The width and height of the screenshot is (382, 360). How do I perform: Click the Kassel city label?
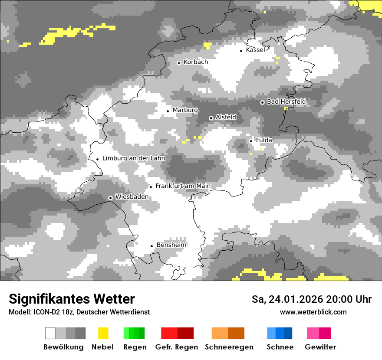click(255, 50)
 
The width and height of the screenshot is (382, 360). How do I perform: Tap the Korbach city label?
click(196, 62)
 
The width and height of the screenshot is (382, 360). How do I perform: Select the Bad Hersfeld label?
click(286, 101)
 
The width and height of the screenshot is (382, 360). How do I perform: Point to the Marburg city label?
click(185, 110)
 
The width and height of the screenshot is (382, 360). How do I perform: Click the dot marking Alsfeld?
click(211, 118)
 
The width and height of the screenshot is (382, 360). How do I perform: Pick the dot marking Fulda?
click(251, 141)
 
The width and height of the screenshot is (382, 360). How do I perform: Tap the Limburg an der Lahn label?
click(134, 158)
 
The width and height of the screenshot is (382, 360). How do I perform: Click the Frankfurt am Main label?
click(183, 186)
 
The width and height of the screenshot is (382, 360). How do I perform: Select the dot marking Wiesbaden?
click(110, 198)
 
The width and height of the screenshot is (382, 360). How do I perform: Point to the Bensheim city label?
click(171, 245)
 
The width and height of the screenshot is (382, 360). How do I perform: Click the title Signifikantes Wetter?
click(72, 299)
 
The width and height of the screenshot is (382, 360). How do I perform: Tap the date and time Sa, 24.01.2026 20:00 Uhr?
click(312, 299)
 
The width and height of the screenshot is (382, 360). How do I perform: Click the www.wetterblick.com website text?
click(313, 312)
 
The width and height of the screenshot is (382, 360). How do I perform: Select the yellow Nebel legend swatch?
click(103, 333)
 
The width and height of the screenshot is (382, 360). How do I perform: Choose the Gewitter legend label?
click(320, 347)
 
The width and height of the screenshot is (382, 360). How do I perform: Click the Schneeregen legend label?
click(229, 347)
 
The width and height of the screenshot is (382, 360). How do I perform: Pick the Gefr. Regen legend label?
click(177, 347)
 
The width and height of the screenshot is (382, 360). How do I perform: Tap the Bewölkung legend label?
click(63, 347)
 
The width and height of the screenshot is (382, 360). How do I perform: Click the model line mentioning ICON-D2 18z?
click(79, 312)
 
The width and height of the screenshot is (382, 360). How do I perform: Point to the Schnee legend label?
click(280, 347)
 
